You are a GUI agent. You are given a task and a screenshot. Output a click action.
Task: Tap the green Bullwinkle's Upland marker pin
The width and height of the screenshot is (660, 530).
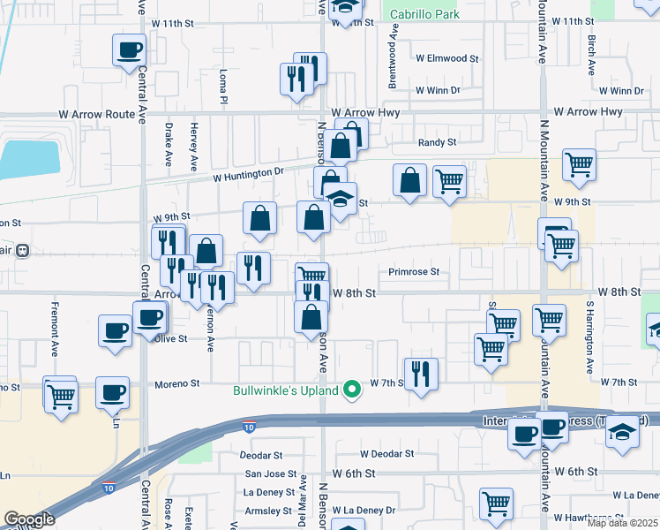[x=352, y=390]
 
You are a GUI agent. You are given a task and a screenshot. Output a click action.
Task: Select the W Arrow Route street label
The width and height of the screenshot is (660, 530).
[x=97, y=114]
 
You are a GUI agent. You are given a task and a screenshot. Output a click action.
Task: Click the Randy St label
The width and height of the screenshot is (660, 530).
[x=437, y=141]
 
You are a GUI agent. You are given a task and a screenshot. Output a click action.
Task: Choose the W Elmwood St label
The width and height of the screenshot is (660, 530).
[x=447, y=58]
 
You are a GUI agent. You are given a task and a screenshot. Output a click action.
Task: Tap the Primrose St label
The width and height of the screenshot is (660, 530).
[x=414, y=272]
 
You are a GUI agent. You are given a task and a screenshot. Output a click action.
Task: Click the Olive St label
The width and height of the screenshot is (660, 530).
[x=170, y=338]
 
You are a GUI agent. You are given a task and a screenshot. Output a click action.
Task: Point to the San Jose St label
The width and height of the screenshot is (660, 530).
[x=265, y=473]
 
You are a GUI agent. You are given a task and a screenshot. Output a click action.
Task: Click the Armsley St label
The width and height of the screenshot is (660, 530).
[x=267, y=511]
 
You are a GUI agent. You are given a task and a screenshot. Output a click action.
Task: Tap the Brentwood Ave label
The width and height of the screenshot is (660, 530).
[x=394, y=55]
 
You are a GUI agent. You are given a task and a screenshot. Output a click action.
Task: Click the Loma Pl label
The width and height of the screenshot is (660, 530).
[x=224, y=86]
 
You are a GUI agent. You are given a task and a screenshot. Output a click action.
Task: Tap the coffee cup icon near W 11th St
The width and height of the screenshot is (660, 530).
[x=129, y=49]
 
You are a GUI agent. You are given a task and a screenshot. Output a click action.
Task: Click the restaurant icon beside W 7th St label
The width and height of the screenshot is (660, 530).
[x=422, y=374]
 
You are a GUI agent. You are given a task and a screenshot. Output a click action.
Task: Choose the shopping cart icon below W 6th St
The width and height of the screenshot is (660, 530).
[x=497, y=503]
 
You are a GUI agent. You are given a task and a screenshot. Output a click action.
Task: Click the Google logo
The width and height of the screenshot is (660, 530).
[x=29, y=519]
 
